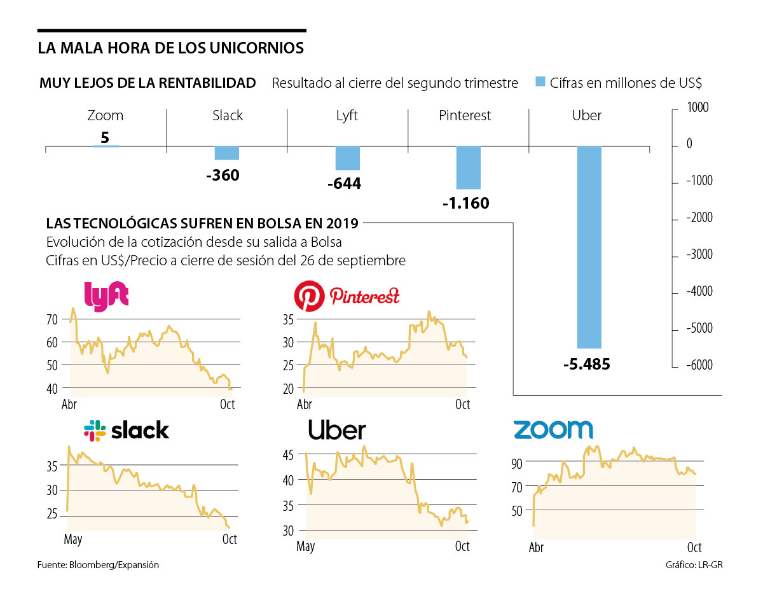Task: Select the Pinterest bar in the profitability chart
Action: click(x=468, y=167)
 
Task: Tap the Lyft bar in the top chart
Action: click(x=347, y=158)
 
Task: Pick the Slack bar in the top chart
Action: click(x=226, y=153)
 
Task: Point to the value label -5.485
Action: click(x=586, y=365)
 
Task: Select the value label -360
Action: click(x=223, y=176)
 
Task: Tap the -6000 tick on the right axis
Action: click(x=699, y=365)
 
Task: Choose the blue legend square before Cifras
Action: click(x=540, y=83)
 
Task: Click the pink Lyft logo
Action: click(x=106, y=293)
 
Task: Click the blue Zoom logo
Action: click(x=553, y=429)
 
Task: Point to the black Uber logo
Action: click(x=337, y=430)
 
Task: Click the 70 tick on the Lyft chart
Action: click(x=52, y=319)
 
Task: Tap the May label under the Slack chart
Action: click(x=73, y=539)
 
